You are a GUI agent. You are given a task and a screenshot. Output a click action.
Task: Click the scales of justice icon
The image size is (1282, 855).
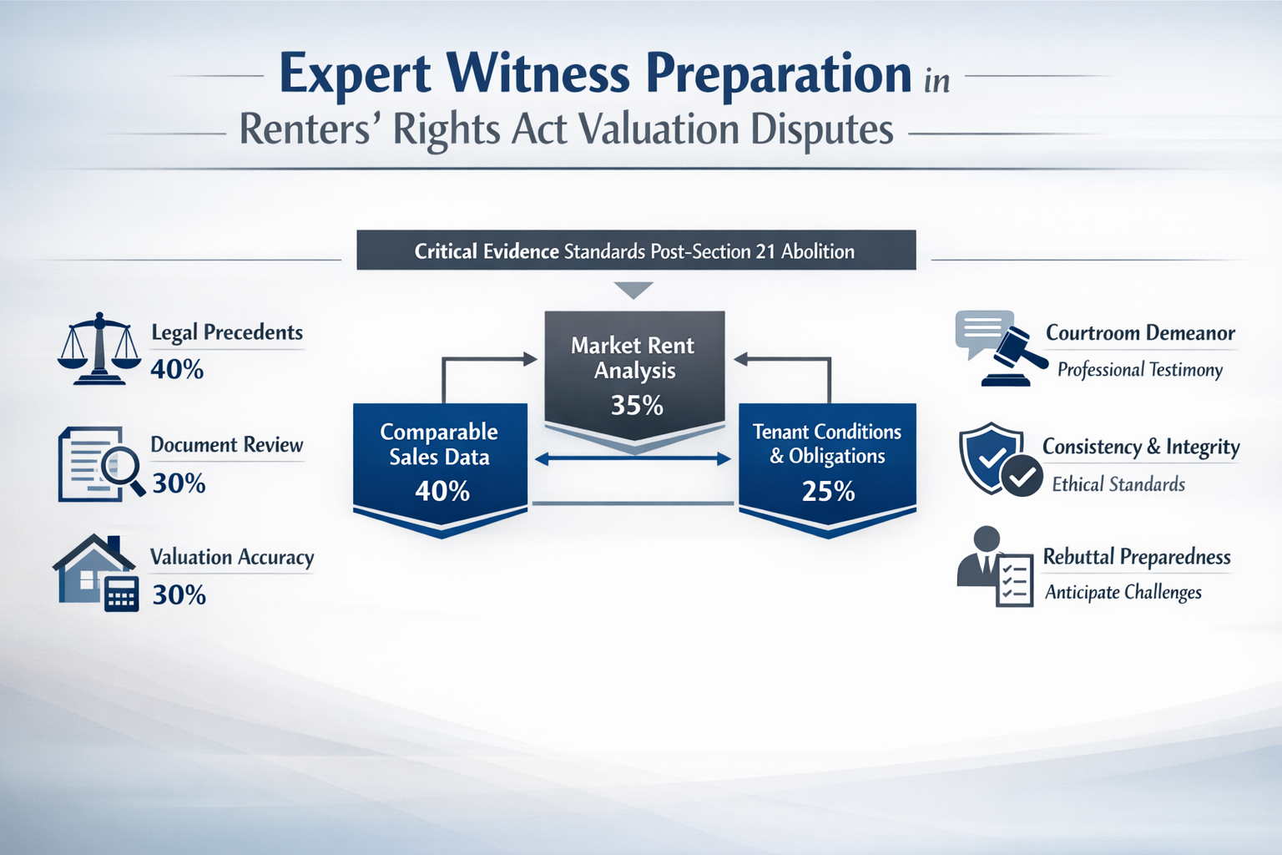pyautogui.click(x=99, y=348)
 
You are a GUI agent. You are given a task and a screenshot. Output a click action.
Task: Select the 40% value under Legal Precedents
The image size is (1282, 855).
pyautogui.click(x=177, y=369)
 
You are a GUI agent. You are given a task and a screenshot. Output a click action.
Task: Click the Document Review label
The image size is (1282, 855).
pyautogui.click(x=226, y=444)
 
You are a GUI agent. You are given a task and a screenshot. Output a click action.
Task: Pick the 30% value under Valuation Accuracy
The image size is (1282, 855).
pyautogui.click(x=179, y=594)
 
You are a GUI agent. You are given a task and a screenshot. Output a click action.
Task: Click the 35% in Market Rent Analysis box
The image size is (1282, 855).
pyautogui.click(x=636, y=406)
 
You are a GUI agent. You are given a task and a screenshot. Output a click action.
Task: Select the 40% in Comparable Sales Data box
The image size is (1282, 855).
pyautogui.click(x=442, y=491)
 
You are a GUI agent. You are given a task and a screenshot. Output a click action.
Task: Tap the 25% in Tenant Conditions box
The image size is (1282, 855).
pyautogui.click(x=828, y=491)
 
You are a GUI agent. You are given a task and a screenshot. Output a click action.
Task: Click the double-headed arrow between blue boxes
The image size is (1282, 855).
pyautogui.click(x=633, y=458)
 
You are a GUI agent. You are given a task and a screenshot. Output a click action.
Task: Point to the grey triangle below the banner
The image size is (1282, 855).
pyautogui.click(x=633, y=290)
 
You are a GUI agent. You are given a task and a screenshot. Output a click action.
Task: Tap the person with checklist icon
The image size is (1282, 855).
pyautogui.click(x=996, y=567)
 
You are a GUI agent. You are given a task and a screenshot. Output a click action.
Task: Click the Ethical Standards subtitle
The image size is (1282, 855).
pyautogui.click(x=1118, y=484)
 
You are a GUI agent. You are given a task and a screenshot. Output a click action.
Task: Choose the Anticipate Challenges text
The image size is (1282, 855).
pyautogui.click(x=1123, y=592)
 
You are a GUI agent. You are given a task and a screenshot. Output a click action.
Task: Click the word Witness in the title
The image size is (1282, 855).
pyautogui.click(x=538, y=73)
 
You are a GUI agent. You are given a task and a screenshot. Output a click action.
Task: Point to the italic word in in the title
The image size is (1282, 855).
pyautogui.click(x=936, y=82)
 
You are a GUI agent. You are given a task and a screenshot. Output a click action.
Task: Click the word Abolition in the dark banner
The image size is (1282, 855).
pyautogui.click(x=817, y=251)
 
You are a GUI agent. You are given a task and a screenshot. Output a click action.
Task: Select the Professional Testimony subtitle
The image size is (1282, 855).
pyautogui.click(x=1139, y=370)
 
